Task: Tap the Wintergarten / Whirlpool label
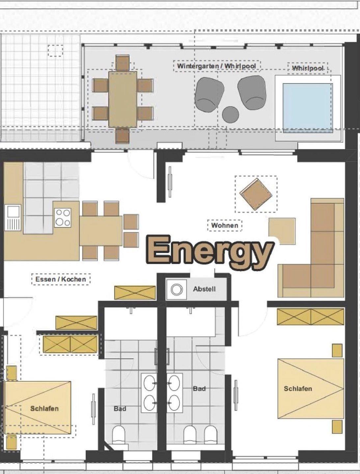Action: point(217,66)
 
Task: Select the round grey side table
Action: point(230,114)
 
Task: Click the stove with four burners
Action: point(63,218)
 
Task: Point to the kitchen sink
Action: point(13,218)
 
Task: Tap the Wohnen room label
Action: point(225,225)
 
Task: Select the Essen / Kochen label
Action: point(61,279)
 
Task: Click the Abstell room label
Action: point(205,289)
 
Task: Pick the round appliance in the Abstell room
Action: point(177,289)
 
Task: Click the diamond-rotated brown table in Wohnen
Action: point(256,194)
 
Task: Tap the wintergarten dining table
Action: point(123,99)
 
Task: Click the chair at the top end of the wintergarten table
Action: point(123,63)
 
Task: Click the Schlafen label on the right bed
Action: point(298,389)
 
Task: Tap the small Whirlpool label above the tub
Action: point(308,68)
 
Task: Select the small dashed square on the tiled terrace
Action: point(56,51)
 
